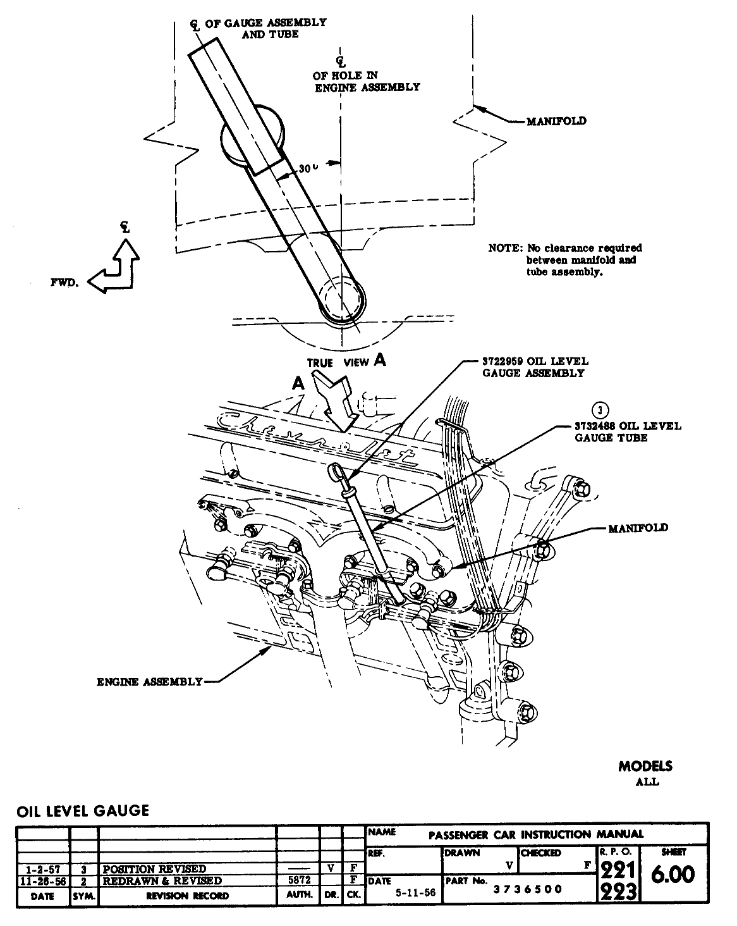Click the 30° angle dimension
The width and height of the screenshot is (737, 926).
[x=308, y=170]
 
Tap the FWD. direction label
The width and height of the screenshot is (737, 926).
[x=64, y=283]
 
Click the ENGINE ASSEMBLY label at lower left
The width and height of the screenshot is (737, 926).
[x=149, y=681]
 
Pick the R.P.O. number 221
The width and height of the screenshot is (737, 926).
[x=618, y=870]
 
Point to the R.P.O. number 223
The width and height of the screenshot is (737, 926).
[x=618, y=891]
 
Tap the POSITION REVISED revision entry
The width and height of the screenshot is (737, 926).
[x=154, y=868]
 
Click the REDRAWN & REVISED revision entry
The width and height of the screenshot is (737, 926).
[x=162, y=880]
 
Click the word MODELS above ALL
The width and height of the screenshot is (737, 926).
[x=645, y=767]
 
